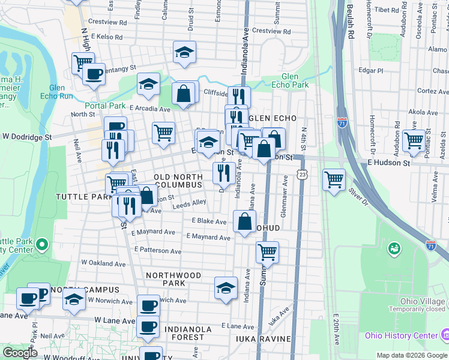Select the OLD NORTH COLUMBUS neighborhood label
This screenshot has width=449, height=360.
pyautogui.click(x=178, y=181)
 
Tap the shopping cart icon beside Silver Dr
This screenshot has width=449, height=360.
pyautogui.click(x=334, y=179)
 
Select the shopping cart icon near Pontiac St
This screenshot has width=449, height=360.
pyautogui.click(x=414, y=140)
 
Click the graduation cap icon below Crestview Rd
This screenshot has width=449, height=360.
pyautogui.click(x=185, y=52)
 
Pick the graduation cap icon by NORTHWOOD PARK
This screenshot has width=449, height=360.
pyautogui.click(x=226, y=287)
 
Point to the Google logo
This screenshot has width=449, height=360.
pyautogui.click(x=20, y=353)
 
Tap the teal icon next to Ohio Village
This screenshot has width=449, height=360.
pyautogui.click(x=394, y=248)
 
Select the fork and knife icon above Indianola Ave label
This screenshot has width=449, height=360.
pyautogui.click(x=223, y=173)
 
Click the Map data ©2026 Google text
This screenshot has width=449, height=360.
pyautogui.click(x=411, y=355)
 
